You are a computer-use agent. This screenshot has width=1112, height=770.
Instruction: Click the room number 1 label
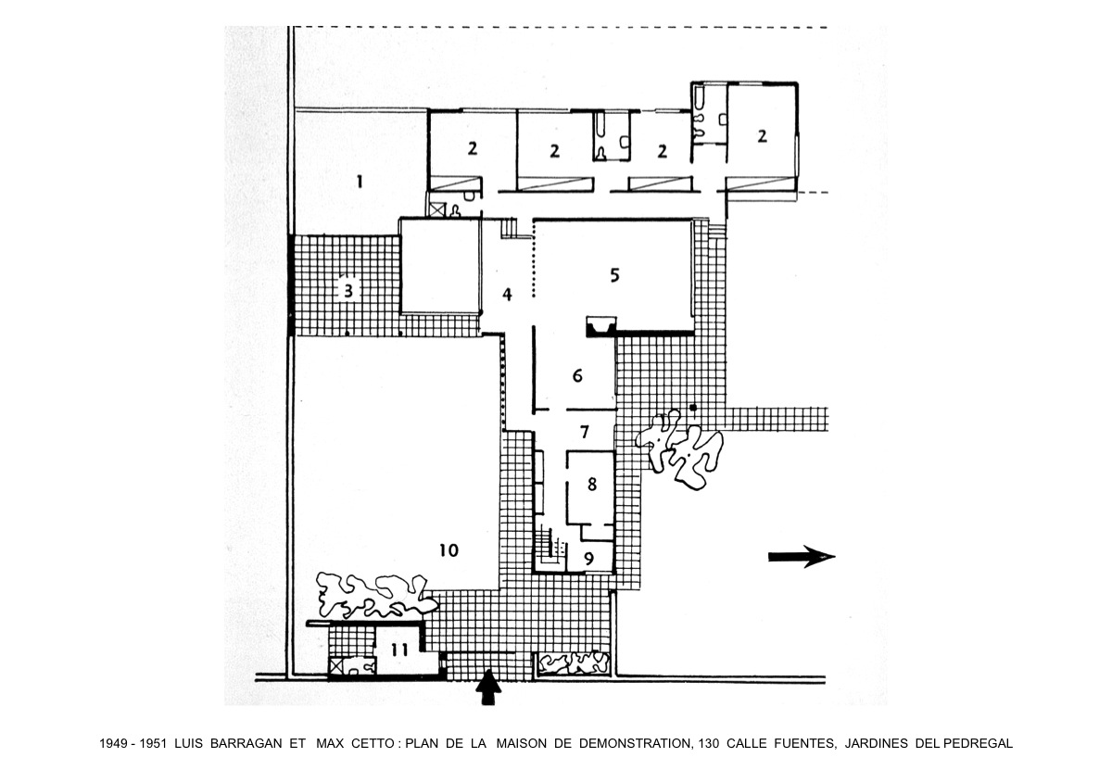click(x=360, y=182)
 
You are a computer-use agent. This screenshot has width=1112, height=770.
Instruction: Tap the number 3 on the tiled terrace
click(x=348, y=290)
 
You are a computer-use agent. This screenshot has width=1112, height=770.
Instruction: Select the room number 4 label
click(x=507, y=295)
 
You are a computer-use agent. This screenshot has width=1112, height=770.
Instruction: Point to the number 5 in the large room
click(x=614, y=275)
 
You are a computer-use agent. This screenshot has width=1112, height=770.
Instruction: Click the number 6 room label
click(x=577, y=376)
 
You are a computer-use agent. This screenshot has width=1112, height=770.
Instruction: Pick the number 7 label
click(x=585, y=432)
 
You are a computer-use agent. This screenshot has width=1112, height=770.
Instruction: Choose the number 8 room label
click(x=592, y=484)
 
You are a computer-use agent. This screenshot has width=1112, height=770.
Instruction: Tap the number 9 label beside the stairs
click(x=588, y=559)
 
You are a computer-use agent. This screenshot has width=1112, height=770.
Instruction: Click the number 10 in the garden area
click(x=449, y=550)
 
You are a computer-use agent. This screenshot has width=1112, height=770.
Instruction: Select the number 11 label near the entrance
click(x=400, y=650)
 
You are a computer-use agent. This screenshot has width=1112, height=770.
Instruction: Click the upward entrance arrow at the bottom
click(x=488, y=688)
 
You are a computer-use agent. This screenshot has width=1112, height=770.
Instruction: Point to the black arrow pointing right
click(x=802, y=557)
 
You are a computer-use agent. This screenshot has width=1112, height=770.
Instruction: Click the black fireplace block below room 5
click(x=601, y=328)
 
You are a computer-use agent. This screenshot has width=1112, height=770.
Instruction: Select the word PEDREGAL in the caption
click(x=978, y=743)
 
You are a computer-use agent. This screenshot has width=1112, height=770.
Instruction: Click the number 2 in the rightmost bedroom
click(x=762, y=136)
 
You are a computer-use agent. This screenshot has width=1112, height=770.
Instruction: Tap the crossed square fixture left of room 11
click(x=336, y=665)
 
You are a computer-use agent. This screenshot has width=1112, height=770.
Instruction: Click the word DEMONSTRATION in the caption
click(x=635, y=743)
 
